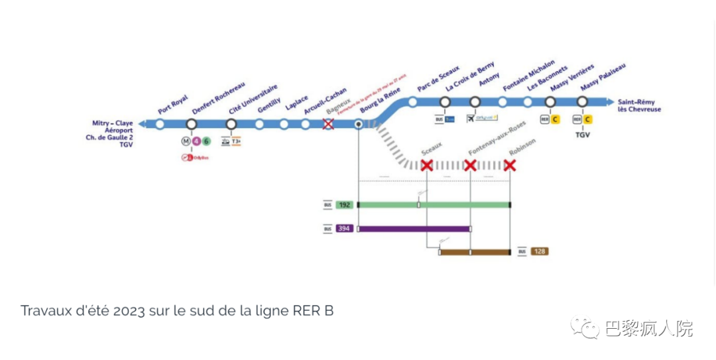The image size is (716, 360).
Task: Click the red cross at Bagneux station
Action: (328, 124)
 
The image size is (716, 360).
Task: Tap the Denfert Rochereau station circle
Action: (192, 124)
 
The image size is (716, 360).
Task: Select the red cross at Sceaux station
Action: (427, 164)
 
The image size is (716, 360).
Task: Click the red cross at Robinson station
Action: (510, 164)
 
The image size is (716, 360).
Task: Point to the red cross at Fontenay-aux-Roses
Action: (470, 164)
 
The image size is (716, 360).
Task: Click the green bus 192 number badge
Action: (345, 205)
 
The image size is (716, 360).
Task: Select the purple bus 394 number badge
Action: (345, 229)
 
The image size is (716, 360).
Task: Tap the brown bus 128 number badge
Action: (540, 251)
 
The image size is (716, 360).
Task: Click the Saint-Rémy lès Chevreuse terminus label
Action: (636, 105)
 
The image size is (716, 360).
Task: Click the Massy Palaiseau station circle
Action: (582, 101)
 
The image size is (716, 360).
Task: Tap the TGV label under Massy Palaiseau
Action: (582, 135)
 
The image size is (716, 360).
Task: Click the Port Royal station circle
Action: (160, 124)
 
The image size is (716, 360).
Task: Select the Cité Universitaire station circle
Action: (231, 124)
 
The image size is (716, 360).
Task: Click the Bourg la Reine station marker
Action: (359, 124)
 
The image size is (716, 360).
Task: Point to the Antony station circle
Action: (475, 101)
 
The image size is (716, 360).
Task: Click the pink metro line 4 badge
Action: (197, 141)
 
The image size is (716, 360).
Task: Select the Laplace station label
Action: (297, 103)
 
